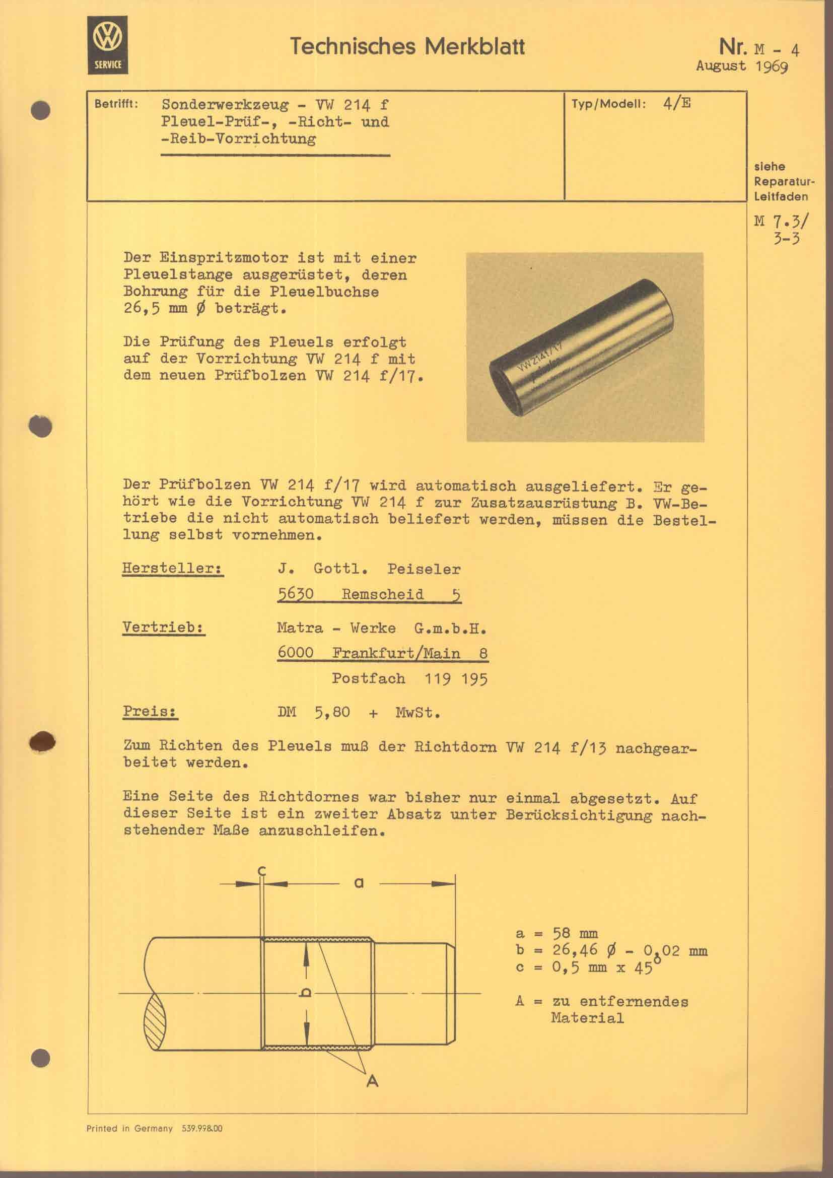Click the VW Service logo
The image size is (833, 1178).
coord(108,45)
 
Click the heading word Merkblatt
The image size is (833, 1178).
coord(474,47)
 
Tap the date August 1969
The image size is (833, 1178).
coord(742,66)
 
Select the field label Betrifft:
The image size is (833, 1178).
coord(116,104)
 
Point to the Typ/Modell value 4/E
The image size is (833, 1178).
coord(676,103)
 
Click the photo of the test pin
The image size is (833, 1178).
coord(585,347)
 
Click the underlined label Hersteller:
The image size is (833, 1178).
coord(172,569)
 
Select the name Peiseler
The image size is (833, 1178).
coord(424,569)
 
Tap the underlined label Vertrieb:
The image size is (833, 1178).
coord(163,628)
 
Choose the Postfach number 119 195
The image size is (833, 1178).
coord(455,679)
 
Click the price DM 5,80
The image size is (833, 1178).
coord(313,713)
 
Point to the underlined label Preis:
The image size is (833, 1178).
coord(150,712)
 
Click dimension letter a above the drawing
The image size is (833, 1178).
coord(359,883)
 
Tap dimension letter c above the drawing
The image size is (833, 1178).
coord(261,871)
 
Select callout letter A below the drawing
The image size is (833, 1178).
coord(372,1081)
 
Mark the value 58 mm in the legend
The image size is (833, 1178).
coord(575,933)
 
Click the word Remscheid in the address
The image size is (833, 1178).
coord(383,594)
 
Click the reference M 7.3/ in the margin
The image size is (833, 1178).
coord(781,221)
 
